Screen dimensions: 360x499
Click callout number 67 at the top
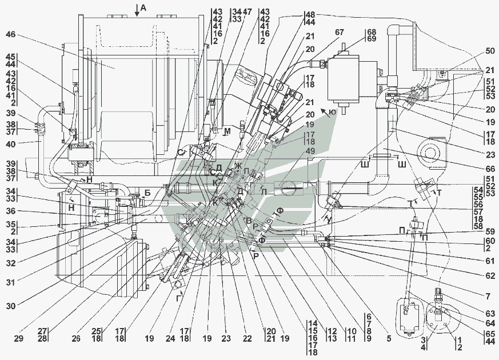[x=341, y=33]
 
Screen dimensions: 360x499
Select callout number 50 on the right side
[x=489, y=51]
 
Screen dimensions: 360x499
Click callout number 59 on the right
[x=489, y=232]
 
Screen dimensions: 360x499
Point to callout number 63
[x=489, y=313]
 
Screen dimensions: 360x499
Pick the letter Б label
[x=147, y=193]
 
